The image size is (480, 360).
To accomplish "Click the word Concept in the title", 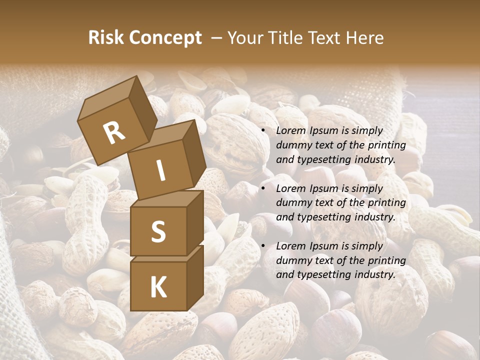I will coord(165,38).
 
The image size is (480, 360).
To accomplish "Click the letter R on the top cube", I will coord(114,132).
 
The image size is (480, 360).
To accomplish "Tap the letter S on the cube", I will coord(158,231).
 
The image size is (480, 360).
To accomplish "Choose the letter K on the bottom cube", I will coord(158,287).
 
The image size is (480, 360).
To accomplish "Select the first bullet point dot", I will coord(263,131).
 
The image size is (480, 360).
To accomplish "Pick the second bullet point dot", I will coord(263,188).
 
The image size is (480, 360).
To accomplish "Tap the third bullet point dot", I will coord(263,246).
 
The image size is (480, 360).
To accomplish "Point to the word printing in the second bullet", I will coord(386,203).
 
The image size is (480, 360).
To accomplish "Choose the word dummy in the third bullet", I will coord(291,260).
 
